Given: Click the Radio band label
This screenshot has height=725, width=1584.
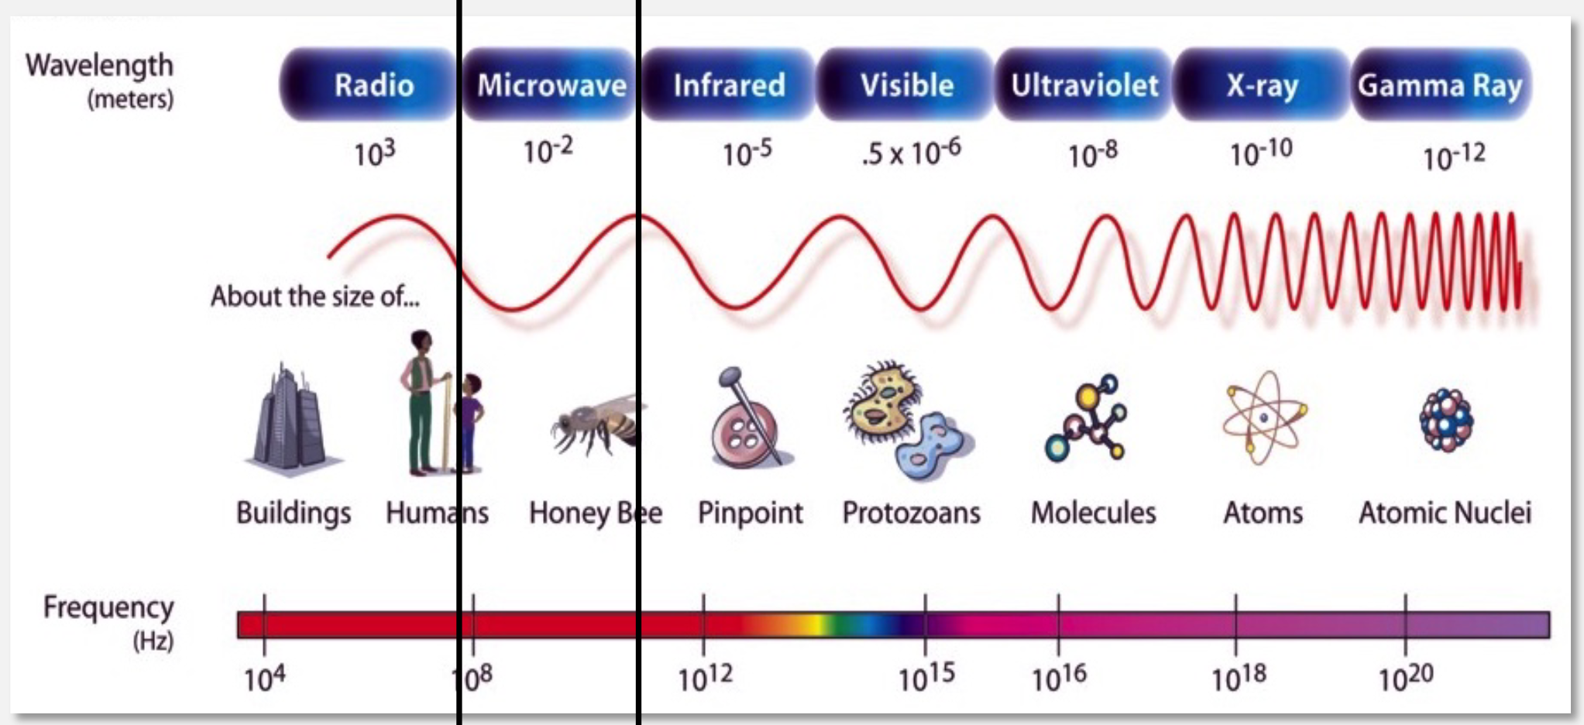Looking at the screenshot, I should (x=373, y=85).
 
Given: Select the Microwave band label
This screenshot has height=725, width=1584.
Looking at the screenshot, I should (x=551, y=85).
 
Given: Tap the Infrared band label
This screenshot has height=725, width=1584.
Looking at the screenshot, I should (x=729, y=85).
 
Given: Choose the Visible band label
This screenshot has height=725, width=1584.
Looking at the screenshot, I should (x=906, y=85).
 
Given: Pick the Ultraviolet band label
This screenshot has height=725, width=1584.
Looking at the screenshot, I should (x=1084, y=85).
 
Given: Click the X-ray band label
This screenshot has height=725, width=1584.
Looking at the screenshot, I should (x=1262, y=85).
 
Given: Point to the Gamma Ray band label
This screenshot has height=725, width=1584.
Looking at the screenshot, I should (x=1440, y=85).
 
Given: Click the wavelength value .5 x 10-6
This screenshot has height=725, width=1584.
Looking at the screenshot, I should (x=911, y=153).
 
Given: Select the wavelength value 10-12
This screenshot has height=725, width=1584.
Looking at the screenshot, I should (x=1454, y=157).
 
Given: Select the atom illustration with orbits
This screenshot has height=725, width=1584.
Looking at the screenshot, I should (x=1263, y=418).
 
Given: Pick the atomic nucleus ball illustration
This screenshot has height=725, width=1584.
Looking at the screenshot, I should (x=1446, y=419).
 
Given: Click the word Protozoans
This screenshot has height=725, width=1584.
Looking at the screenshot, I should (x=911, y=513).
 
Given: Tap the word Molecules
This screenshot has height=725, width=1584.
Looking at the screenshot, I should (x=1093, y=513).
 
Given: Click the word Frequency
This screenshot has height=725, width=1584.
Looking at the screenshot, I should (x=108, y=607).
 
